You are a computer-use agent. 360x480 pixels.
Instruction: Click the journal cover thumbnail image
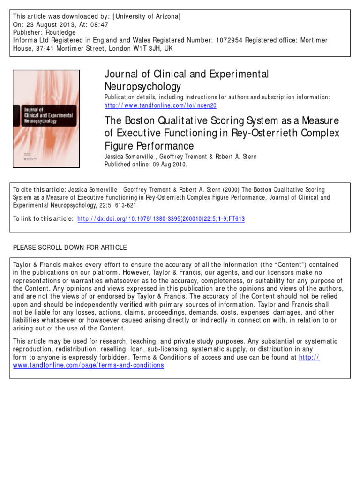pyautogui.click(x=46, y=119)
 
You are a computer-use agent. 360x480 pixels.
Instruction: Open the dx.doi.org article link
pyautogui.click(x=161, y=218)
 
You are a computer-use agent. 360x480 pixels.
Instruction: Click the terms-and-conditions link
pyautogui.click(x=89, y=365)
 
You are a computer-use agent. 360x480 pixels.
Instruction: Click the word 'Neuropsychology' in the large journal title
pyautogui.click(x=142, y=87)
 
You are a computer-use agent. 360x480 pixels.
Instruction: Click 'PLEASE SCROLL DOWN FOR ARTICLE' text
pyautogui.click(x=70, y=247)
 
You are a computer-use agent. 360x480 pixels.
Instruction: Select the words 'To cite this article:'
pyautogui.click(x=39, y=190)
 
